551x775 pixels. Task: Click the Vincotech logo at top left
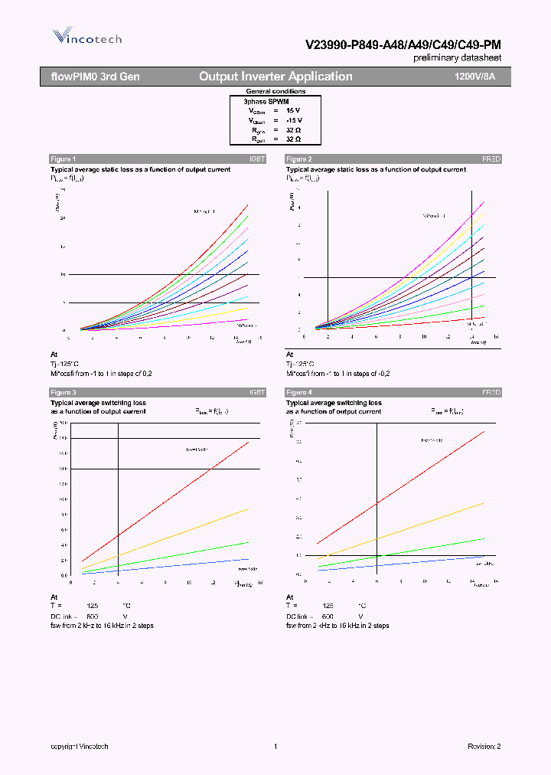(86, 37)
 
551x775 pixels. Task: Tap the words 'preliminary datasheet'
(458, 58)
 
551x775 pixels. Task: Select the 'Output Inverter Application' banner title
(275, 77)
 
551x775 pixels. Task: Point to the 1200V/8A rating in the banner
(474, 77)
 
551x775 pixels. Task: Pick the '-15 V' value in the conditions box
(294, 120)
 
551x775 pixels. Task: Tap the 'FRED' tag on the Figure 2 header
(491, 159)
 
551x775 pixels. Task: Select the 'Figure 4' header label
(298, 392)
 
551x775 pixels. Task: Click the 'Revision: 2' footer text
(484, 747)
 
